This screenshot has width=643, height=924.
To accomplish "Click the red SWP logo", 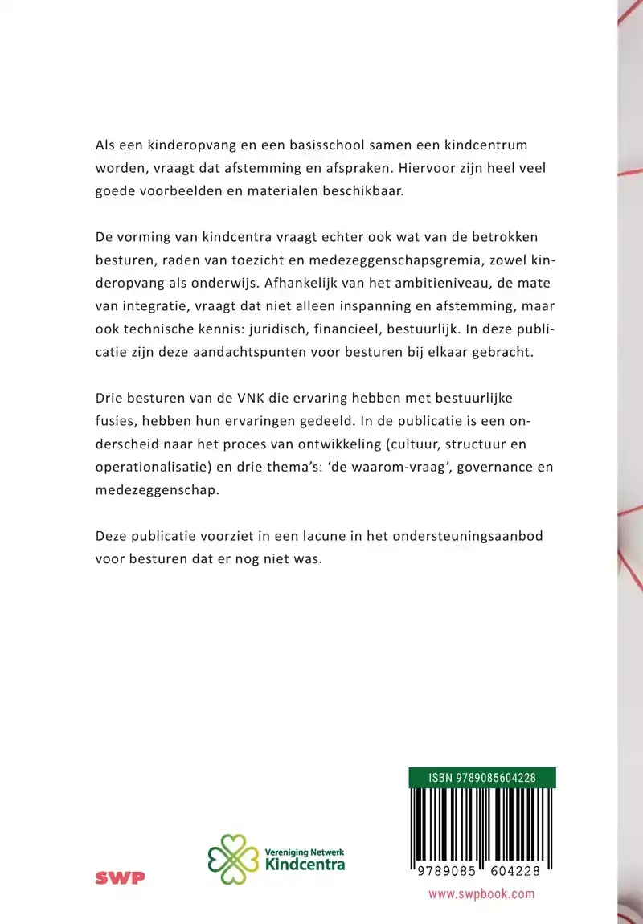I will tap(121, 878).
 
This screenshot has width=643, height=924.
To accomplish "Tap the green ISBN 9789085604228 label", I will tap(481, 777).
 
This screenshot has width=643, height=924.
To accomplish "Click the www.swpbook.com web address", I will tap(481, 893).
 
